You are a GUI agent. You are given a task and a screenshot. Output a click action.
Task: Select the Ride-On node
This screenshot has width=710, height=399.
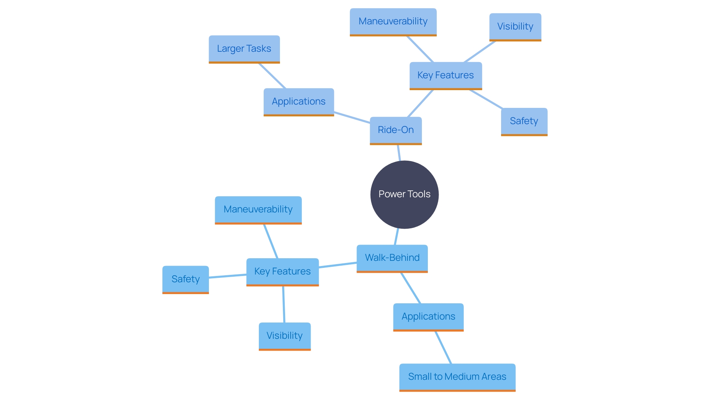[x=396, y=130]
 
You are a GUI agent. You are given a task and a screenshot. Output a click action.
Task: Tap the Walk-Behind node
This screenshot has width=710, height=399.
[x=392, y=258]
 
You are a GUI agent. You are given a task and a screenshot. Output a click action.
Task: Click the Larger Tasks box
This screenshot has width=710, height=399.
[x=244, y=49]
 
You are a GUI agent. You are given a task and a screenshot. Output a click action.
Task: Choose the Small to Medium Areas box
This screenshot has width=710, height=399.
[x=457, y=377]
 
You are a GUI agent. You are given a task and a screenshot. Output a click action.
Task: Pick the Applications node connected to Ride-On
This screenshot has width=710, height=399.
[x=298, y=102]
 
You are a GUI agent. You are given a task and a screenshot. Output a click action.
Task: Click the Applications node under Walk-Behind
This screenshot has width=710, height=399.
[x=428, y=317]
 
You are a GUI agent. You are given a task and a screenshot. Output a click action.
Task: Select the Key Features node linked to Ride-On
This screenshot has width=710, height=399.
[x=446, y=75]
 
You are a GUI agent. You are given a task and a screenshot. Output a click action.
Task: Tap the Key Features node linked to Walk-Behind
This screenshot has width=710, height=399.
[x=283, y=272]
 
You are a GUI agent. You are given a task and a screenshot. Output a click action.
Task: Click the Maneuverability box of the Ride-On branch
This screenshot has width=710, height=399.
[x=393, y=21]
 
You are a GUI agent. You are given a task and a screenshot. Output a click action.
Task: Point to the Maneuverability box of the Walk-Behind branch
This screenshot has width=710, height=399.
[x=258, y=209]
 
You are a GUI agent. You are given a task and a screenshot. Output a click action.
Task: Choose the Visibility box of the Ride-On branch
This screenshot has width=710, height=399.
[x=515, y=27]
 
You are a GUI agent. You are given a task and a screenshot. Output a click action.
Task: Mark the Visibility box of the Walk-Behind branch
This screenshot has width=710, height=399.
[x=284, y=336]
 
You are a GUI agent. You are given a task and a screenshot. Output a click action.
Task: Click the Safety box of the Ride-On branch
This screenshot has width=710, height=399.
[x=524, y=121]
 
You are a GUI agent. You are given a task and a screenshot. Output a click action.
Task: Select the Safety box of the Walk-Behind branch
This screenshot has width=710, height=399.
[x=185, y=279]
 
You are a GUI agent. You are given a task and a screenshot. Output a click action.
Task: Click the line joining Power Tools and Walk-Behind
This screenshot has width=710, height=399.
[x=397, y=236]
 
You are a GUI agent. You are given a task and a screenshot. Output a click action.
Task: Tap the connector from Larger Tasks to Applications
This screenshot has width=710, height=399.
[x=272, y=76]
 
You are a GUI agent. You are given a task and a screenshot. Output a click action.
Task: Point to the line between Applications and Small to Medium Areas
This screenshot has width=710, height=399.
[x=443, y=348]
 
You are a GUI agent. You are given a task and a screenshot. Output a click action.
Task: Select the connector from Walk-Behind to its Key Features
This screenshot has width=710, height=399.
[x=338, y=265]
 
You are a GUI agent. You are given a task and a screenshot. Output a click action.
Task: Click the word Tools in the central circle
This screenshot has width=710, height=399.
[x=419, y=194]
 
